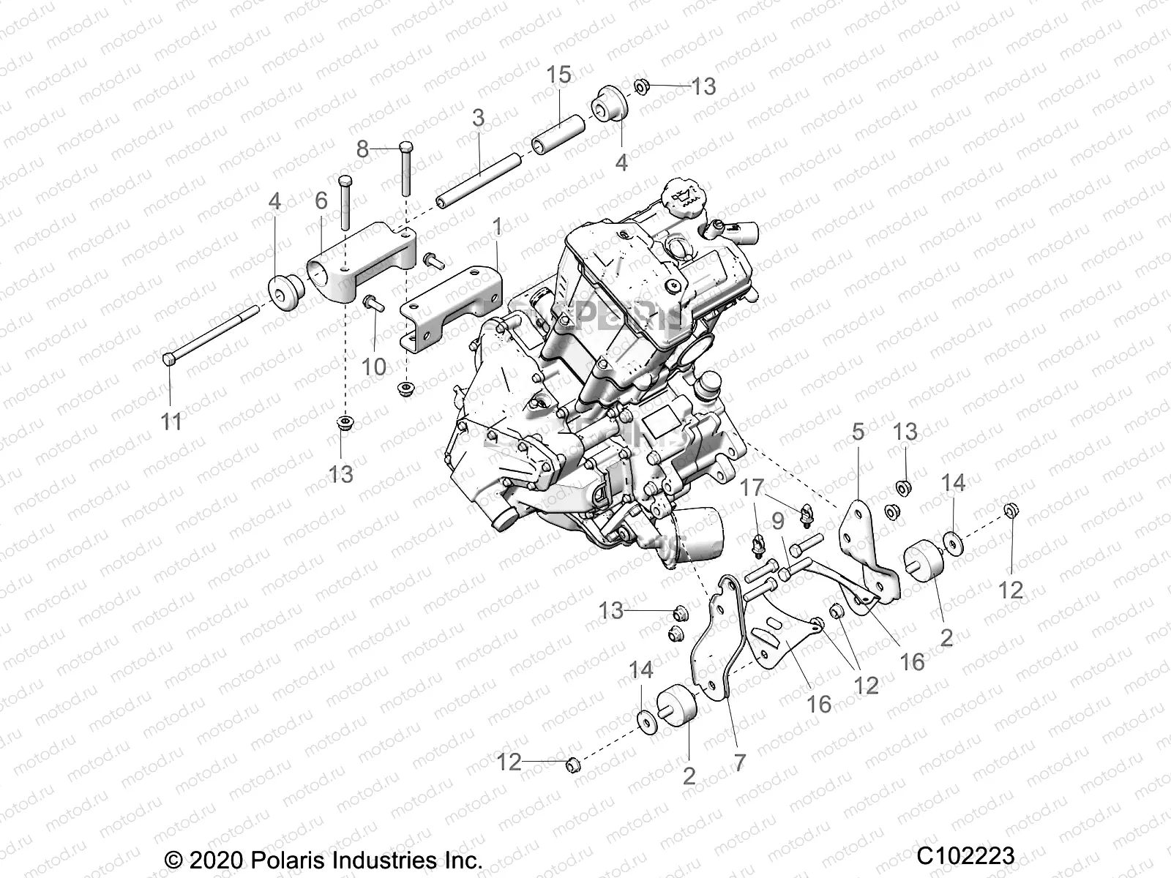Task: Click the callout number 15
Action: (558, 75)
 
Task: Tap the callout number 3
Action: (479, 118)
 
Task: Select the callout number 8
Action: (363, 149)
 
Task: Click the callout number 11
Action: (171, 422)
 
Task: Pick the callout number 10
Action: (374, 366)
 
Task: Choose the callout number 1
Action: (498, 228)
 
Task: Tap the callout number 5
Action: (858, 432)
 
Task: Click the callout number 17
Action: (753, 488)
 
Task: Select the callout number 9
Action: (778, 521)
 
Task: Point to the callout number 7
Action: (740, 763)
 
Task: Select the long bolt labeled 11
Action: (212, 335)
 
